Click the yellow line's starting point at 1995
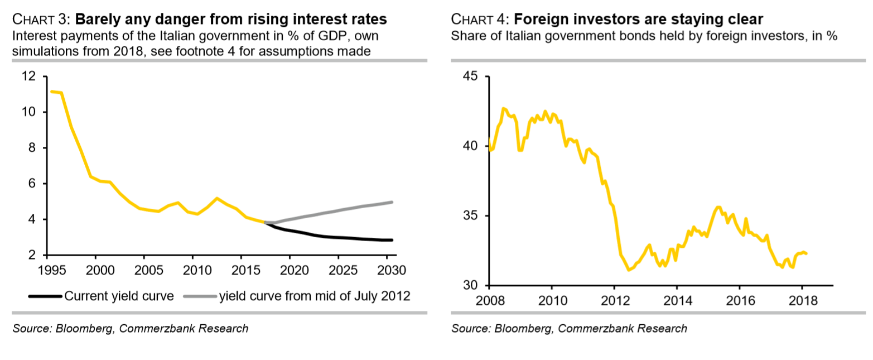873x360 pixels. click(x=51, y=92)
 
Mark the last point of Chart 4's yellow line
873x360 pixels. click(x=807, y=254)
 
